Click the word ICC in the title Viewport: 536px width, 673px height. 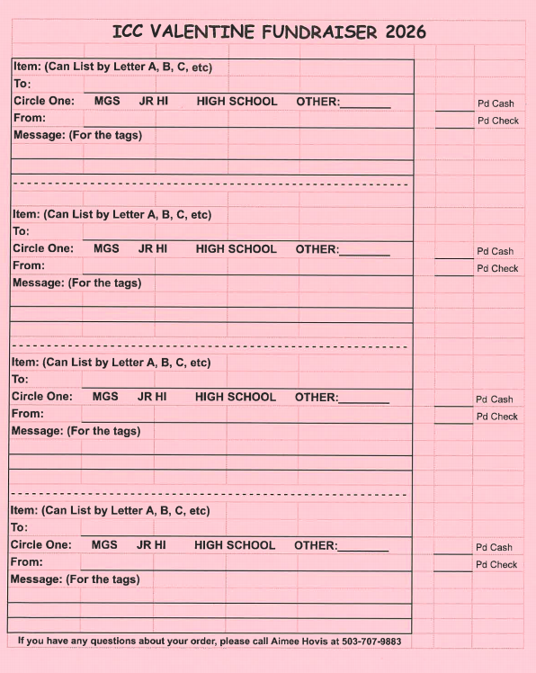(129, 32)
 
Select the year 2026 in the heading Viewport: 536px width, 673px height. (405, 32)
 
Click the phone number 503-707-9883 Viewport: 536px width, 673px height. (371, 642)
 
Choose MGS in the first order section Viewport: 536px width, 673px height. (107, 102)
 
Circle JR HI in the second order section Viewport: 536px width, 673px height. (153, 248)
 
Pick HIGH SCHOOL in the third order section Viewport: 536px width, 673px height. (236, 397)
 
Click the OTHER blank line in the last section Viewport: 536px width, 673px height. (362, 547)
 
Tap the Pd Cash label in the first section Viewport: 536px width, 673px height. (496, 103)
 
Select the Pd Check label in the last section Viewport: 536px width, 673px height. (496, 565)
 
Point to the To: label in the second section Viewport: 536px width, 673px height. (21, 231)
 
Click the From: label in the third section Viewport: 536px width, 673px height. (27, 414)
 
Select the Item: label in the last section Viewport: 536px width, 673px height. (23, 510)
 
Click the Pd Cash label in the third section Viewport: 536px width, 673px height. (495, 399)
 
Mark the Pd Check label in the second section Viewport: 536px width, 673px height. (497, 269)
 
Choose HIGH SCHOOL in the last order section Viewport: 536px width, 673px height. (235, 545)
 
